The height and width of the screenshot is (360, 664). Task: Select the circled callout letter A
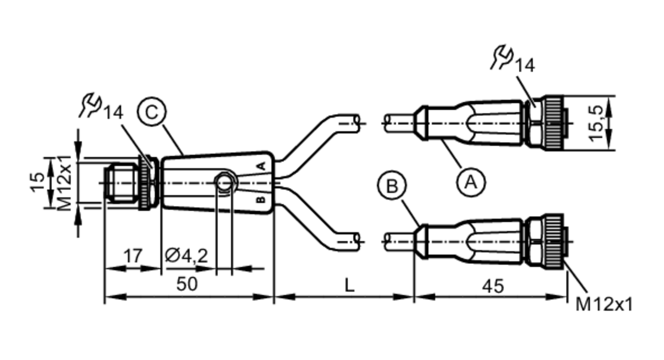click(x=471, y=182)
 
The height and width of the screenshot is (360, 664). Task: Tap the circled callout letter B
click(x=392, y=185)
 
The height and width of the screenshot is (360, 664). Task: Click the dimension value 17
click(x=133, y=256)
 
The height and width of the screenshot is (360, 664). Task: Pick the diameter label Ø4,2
click(x=186, y=256)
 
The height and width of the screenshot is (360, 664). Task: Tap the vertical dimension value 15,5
click(x=597, y=123)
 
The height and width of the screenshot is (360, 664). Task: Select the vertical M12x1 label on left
click(x=64, y=183)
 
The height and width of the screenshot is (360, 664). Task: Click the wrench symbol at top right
click(x=502, y=57)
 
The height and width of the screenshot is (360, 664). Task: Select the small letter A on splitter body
click(x=262, y=166)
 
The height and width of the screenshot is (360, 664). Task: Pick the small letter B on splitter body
click(x=261, y=200)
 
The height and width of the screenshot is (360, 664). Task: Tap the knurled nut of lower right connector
click(x=552, y=241)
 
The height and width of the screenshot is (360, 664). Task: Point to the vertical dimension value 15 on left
click(x=38, y=182)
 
